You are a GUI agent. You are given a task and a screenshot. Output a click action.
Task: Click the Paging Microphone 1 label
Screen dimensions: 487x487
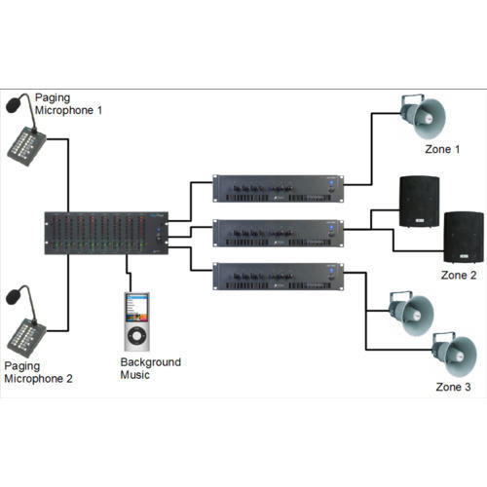coord(68,104)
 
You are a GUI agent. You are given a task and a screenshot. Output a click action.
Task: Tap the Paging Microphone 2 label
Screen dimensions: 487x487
coord(38,372)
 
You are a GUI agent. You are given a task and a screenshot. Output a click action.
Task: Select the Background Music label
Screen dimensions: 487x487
coord(150,368)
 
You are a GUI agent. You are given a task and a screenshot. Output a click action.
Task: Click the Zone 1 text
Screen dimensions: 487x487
coord(442,149)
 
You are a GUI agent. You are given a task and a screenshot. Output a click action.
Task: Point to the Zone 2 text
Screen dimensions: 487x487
coord(459,275)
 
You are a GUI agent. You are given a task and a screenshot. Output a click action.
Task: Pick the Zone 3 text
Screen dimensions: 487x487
coord(453,387)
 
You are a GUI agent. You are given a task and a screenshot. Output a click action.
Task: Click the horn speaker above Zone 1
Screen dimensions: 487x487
coord(423,116)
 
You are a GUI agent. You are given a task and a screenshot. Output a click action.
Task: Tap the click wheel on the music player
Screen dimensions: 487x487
coord(136,336)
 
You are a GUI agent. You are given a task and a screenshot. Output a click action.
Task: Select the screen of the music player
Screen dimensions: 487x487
coord(136,308)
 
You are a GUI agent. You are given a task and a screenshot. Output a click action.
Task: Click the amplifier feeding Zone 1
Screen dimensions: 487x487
coord(279,189)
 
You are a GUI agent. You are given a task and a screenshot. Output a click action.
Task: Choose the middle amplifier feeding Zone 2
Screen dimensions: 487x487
coord(279,233)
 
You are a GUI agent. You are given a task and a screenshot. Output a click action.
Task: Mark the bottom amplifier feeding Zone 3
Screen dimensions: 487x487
coord(279,277)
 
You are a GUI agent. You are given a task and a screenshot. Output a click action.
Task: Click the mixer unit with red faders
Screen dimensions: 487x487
coord(106,233)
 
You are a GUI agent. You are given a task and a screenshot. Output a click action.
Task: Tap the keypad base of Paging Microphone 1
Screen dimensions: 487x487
coord(26,146)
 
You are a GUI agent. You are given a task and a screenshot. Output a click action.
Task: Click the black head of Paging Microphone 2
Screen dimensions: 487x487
coord(14,297)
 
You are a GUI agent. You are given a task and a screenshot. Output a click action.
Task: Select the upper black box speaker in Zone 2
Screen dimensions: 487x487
coord(419,202)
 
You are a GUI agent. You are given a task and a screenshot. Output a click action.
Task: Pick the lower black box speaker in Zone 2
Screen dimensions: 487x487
coord(464,237)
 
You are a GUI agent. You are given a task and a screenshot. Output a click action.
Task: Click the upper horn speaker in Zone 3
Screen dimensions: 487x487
coord(411,314)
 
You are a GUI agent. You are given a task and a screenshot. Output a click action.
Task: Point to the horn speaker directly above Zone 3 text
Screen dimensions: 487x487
coord(455,355)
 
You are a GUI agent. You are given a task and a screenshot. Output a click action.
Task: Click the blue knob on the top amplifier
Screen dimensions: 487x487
coord(331,183)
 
